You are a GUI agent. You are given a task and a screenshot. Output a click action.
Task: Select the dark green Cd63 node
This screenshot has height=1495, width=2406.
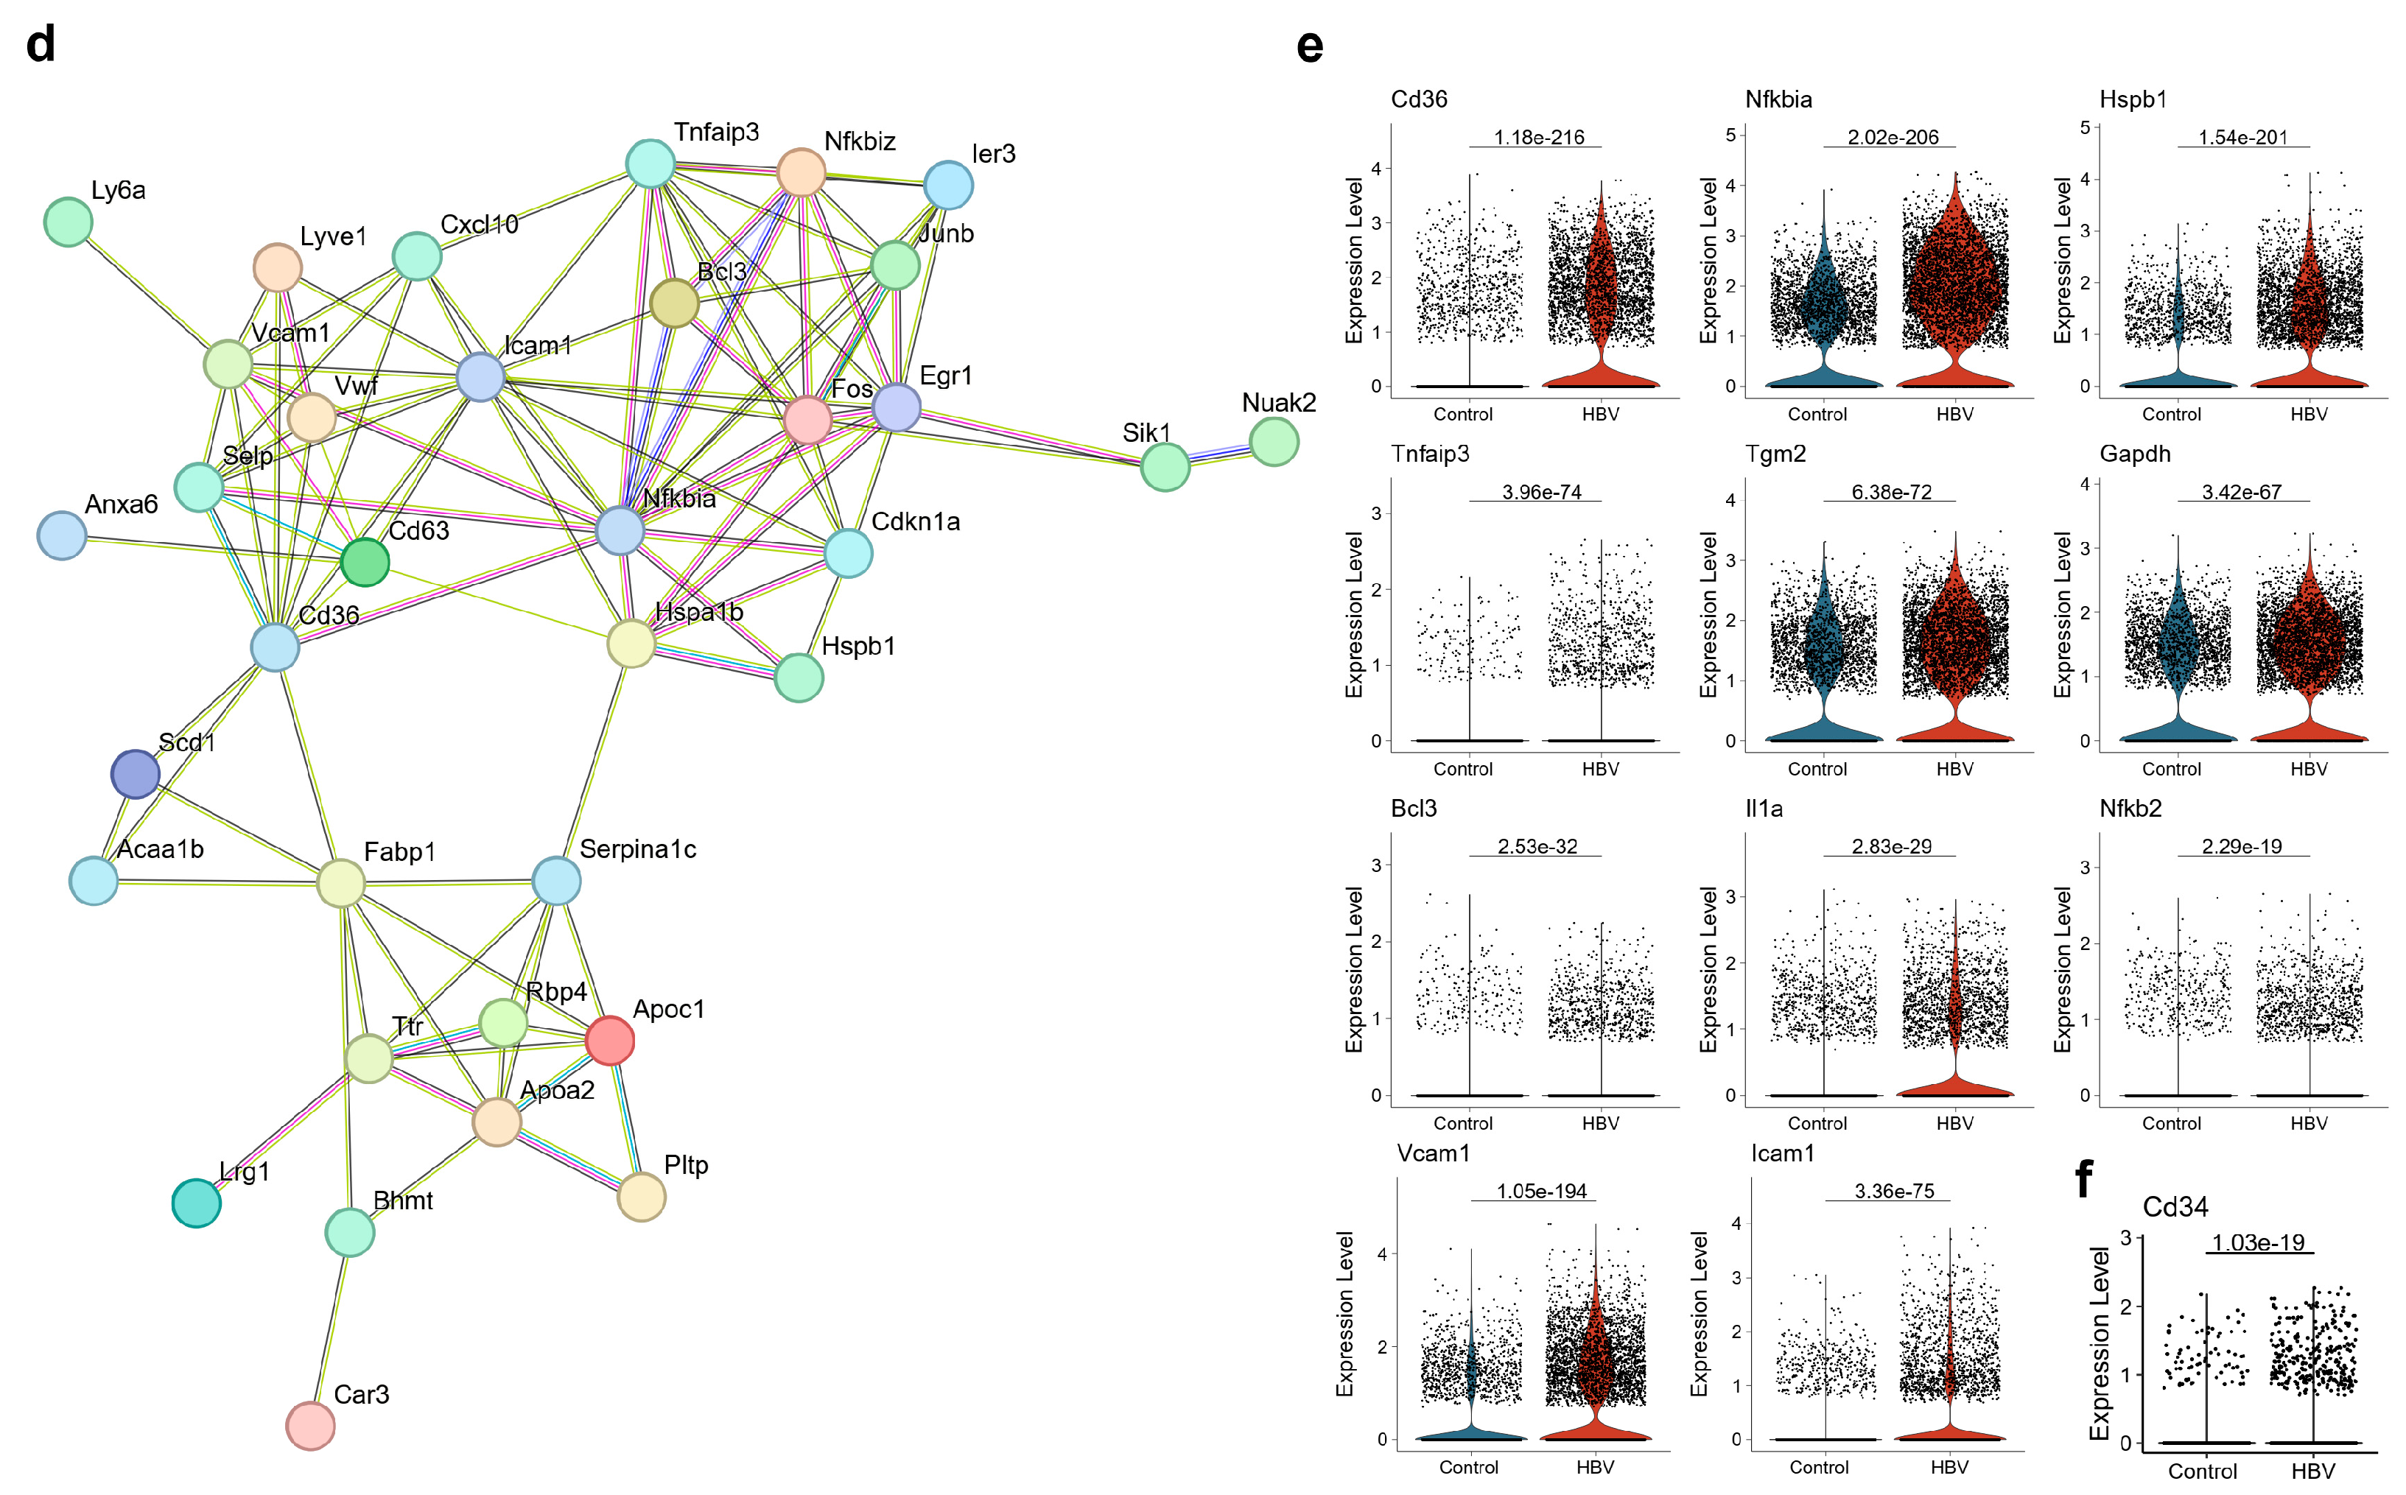point(365,562)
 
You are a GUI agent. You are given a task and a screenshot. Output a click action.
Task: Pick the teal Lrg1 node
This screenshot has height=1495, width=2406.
point(196,1203)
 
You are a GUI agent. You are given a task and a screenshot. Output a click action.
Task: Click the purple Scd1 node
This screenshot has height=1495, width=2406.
point(136,773)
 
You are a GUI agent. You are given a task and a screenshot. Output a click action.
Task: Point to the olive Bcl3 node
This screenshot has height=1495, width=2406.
point(675,303)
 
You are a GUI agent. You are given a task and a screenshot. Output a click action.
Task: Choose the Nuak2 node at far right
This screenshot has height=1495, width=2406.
point(1274,441)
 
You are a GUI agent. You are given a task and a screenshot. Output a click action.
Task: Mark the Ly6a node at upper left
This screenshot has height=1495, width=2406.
point(69,222)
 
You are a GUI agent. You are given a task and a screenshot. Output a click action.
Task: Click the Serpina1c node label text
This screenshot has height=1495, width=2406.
point(638,849)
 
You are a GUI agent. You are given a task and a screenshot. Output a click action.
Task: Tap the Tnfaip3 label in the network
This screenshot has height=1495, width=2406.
point(716,133)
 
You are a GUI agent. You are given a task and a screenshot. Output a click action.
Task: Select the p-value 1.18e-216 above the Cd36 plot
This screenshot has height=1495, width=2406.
point(1539,138)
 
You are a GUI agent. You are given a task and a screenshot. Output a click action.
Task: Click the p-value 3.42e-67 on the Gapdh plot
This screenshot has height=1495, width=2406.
point(2241,493)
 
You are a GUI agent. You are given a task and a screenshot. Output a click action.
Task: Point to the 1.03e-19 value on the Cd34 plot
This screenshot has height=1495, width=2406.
point(2258,1243)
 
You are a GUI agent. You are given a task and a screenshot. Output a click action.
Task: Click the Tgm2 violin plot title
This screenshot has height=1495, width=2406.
point(1775,454)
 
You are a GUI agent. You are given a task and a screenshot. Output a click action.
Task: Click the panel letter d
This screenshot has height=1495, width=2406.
point(41,44)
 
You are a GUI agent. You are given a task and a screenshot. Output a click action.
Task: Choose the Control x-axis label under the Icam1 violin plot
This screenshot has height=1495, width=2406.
point(1819,1467)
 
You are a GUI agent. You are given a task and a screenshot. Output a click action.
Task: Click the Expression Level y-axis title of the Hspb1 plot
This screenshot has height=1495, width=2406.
point(2062,261)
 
